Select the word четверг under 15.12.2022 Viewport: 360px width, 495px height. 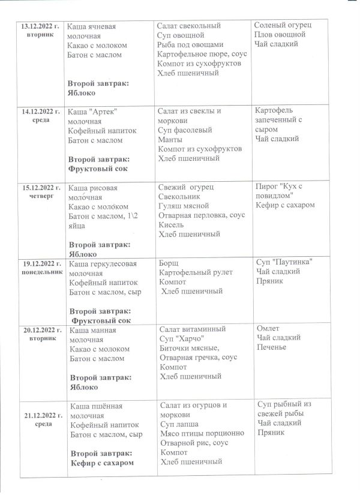(x=41, y=196)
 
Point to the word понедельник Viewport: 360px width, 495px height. (x=41, y=272)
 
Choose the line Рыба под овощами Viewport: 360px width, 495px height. (x=190, y=45)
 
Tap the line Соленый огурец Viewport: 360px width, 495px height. (x=283, y=25)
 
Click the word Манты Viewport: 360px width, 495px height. (x=170, y=139)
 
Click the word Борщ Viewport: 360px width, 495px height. (x=169, y=263)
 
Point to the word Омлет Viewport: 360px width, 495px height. (x=268, y=329)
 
